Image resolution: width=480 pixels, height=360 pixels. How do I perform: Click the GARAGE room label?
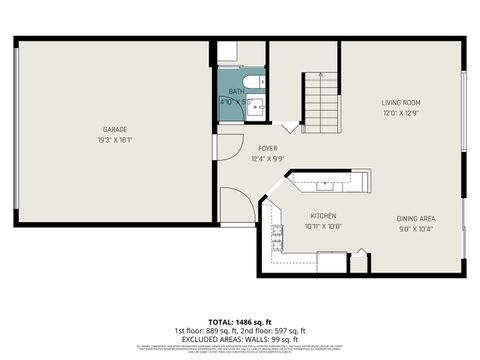click(113, 129)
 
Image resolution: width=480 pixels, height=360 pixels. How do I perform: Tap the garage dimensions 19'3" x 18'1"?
click(113, 140)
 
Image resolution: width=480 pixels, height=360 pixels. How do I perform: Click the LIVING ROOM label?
click(400, 102)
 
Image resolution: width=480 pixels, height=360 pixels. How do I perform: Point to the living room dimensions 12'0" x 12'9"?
click(400, 113)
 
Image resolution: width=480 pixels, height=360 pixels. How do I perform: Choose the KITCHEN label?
click(323, 216)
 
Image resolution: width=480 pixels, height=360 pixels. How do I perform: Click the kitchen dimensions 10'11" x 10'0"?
click(323, 227)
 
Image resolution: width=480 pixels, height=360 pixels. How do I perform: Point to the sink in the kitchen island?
click(326, 184)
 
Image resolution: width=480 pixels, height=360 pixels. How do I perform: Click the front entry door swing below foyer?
click(236, 206)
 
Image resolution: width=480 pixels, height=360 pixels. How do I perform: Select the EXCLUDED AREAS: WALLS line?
click(241, 337)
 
